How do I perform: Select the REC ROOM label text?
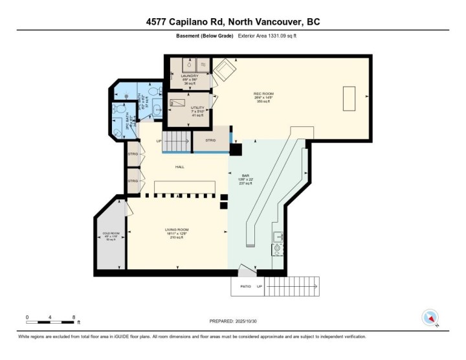pyautogui.click(x=263, y=94)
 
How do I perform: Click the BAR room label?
pyautogui.click(x=245, y=175)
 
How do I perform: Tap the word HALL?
pyautogui.click(x=179, y=167)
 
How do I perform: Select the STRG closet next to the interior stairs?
pyautogui.click(x=210, y=141)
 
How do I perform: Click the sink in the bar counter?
pyautogui.click(x=277, y=236)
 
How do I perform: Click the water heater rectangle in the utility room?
pyautogui.click(x=176, y=102)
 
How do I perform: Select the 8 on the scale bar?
pyautogui.click(x=74, y=317)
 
